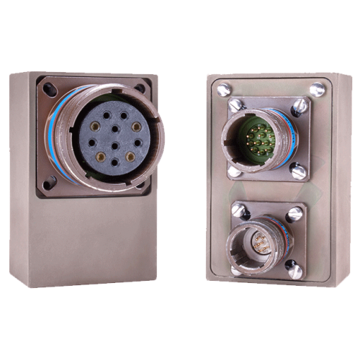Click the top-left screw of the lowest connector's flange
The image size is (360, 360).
(238, 210)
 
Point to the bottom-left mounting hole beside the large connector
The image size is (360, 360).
(49, 184)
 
